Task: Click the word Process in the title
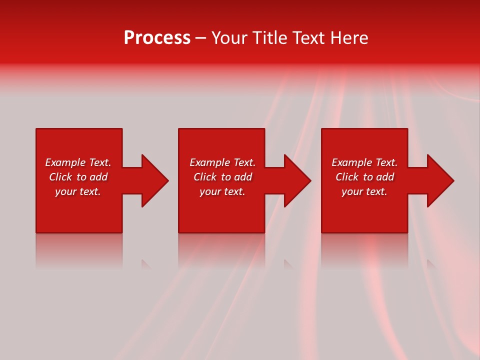(157, 38)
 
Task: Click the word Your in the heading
(230, 38)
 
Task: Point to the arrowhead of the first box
(153, 180)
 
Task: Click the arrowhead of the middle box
(296, 180)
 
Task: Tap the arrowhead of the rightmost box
(439, 180)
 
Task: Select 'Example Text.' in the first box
(78, 162)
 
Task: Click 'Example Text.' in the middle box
(222, 162)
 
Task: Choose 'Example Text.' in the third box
(364, 162)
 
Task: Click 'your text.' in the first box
(78, 191)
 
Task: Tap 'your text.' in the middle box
(222, 191)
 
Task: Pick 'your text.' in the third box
(364, 191)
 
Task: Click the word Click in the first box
(60, 177)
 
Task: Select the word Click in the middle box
(205, 177)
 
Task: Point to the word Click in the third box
(347, 177)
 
